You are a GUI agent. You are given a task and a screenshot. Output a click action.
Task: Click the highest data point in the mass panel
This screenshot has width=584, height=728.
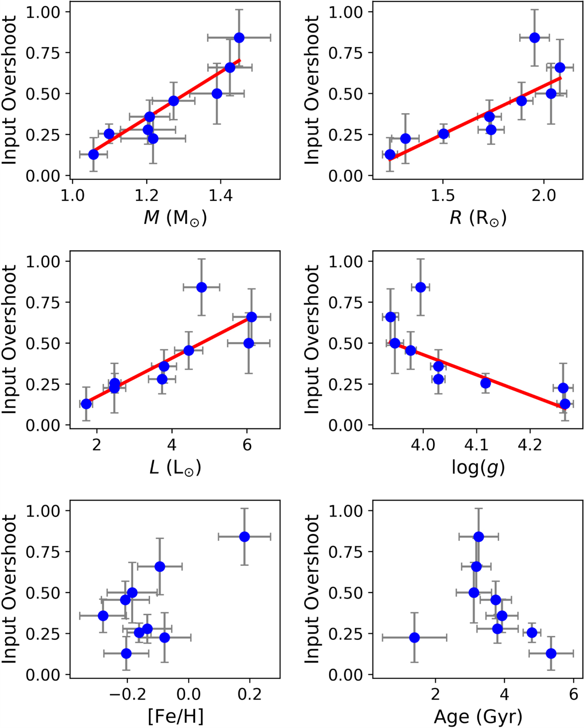tap(239, 38)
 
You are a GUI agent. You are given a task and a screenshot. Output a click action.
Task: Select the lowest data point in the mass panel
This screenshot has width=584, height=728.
tap(93, 154)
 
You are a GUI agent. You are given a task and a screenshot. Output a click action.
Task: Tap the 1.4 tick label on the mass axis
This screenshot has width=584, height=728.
tap(221, 195)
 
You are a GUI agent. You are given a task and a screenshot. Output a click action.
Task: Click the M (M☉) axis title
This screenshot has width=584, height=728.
tap(175, 217)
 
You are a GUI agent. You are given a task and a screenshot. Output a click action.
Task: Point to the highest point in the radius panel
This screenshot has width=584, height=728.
tap(535, 38)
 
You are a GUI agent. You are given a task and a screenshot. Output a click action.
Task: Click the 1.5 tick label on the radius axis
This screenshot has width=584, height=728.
tap(443, 195)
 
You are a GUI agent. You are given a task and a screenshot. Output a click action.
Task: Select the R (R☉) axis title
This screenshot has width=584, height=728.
tap(478, 217)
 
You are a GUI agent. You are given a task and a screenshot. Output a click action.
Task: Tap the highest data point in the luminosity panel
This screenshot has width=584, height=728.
tap(202, 287)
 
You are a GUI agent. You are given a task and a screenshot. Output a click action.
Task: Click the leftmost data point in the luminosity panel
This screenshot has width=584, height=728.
tap(87, 404)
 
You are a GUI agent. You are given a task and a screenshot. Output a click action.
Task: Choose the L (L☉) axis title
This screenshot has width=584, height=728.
tap(175, 467)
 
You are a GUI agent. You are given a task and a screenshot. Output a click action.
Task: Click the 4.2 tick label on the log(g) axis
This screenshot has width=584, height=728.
tap(530, 445)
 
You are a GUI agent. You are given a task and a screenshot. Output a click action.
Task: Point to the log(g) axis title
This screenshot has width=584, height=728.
tap(478, 467)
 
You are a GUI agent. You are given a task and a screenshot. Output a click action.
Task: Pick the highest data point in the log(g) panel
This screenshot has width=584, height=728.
tap(420, 287)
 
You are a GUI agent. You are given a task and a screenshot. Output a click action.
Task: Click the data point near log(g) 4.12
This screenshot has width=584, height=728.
tap(485, 383)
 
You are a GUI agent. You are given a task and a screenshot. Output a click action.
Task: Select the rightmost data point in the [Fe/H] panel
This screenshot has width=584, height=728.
tap(244, 536)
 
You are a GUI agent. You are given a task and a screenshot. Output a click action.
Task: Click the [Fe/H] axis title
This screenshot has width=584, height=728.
tap(175, 717)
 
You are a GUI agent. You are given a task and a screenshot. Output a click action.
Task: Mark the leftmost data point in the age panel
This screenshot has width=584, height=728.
tap(414, 637)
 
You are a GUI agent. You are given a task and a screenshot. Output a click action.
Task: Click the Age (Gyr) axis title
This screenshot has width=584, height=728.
tap(478, 717)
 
